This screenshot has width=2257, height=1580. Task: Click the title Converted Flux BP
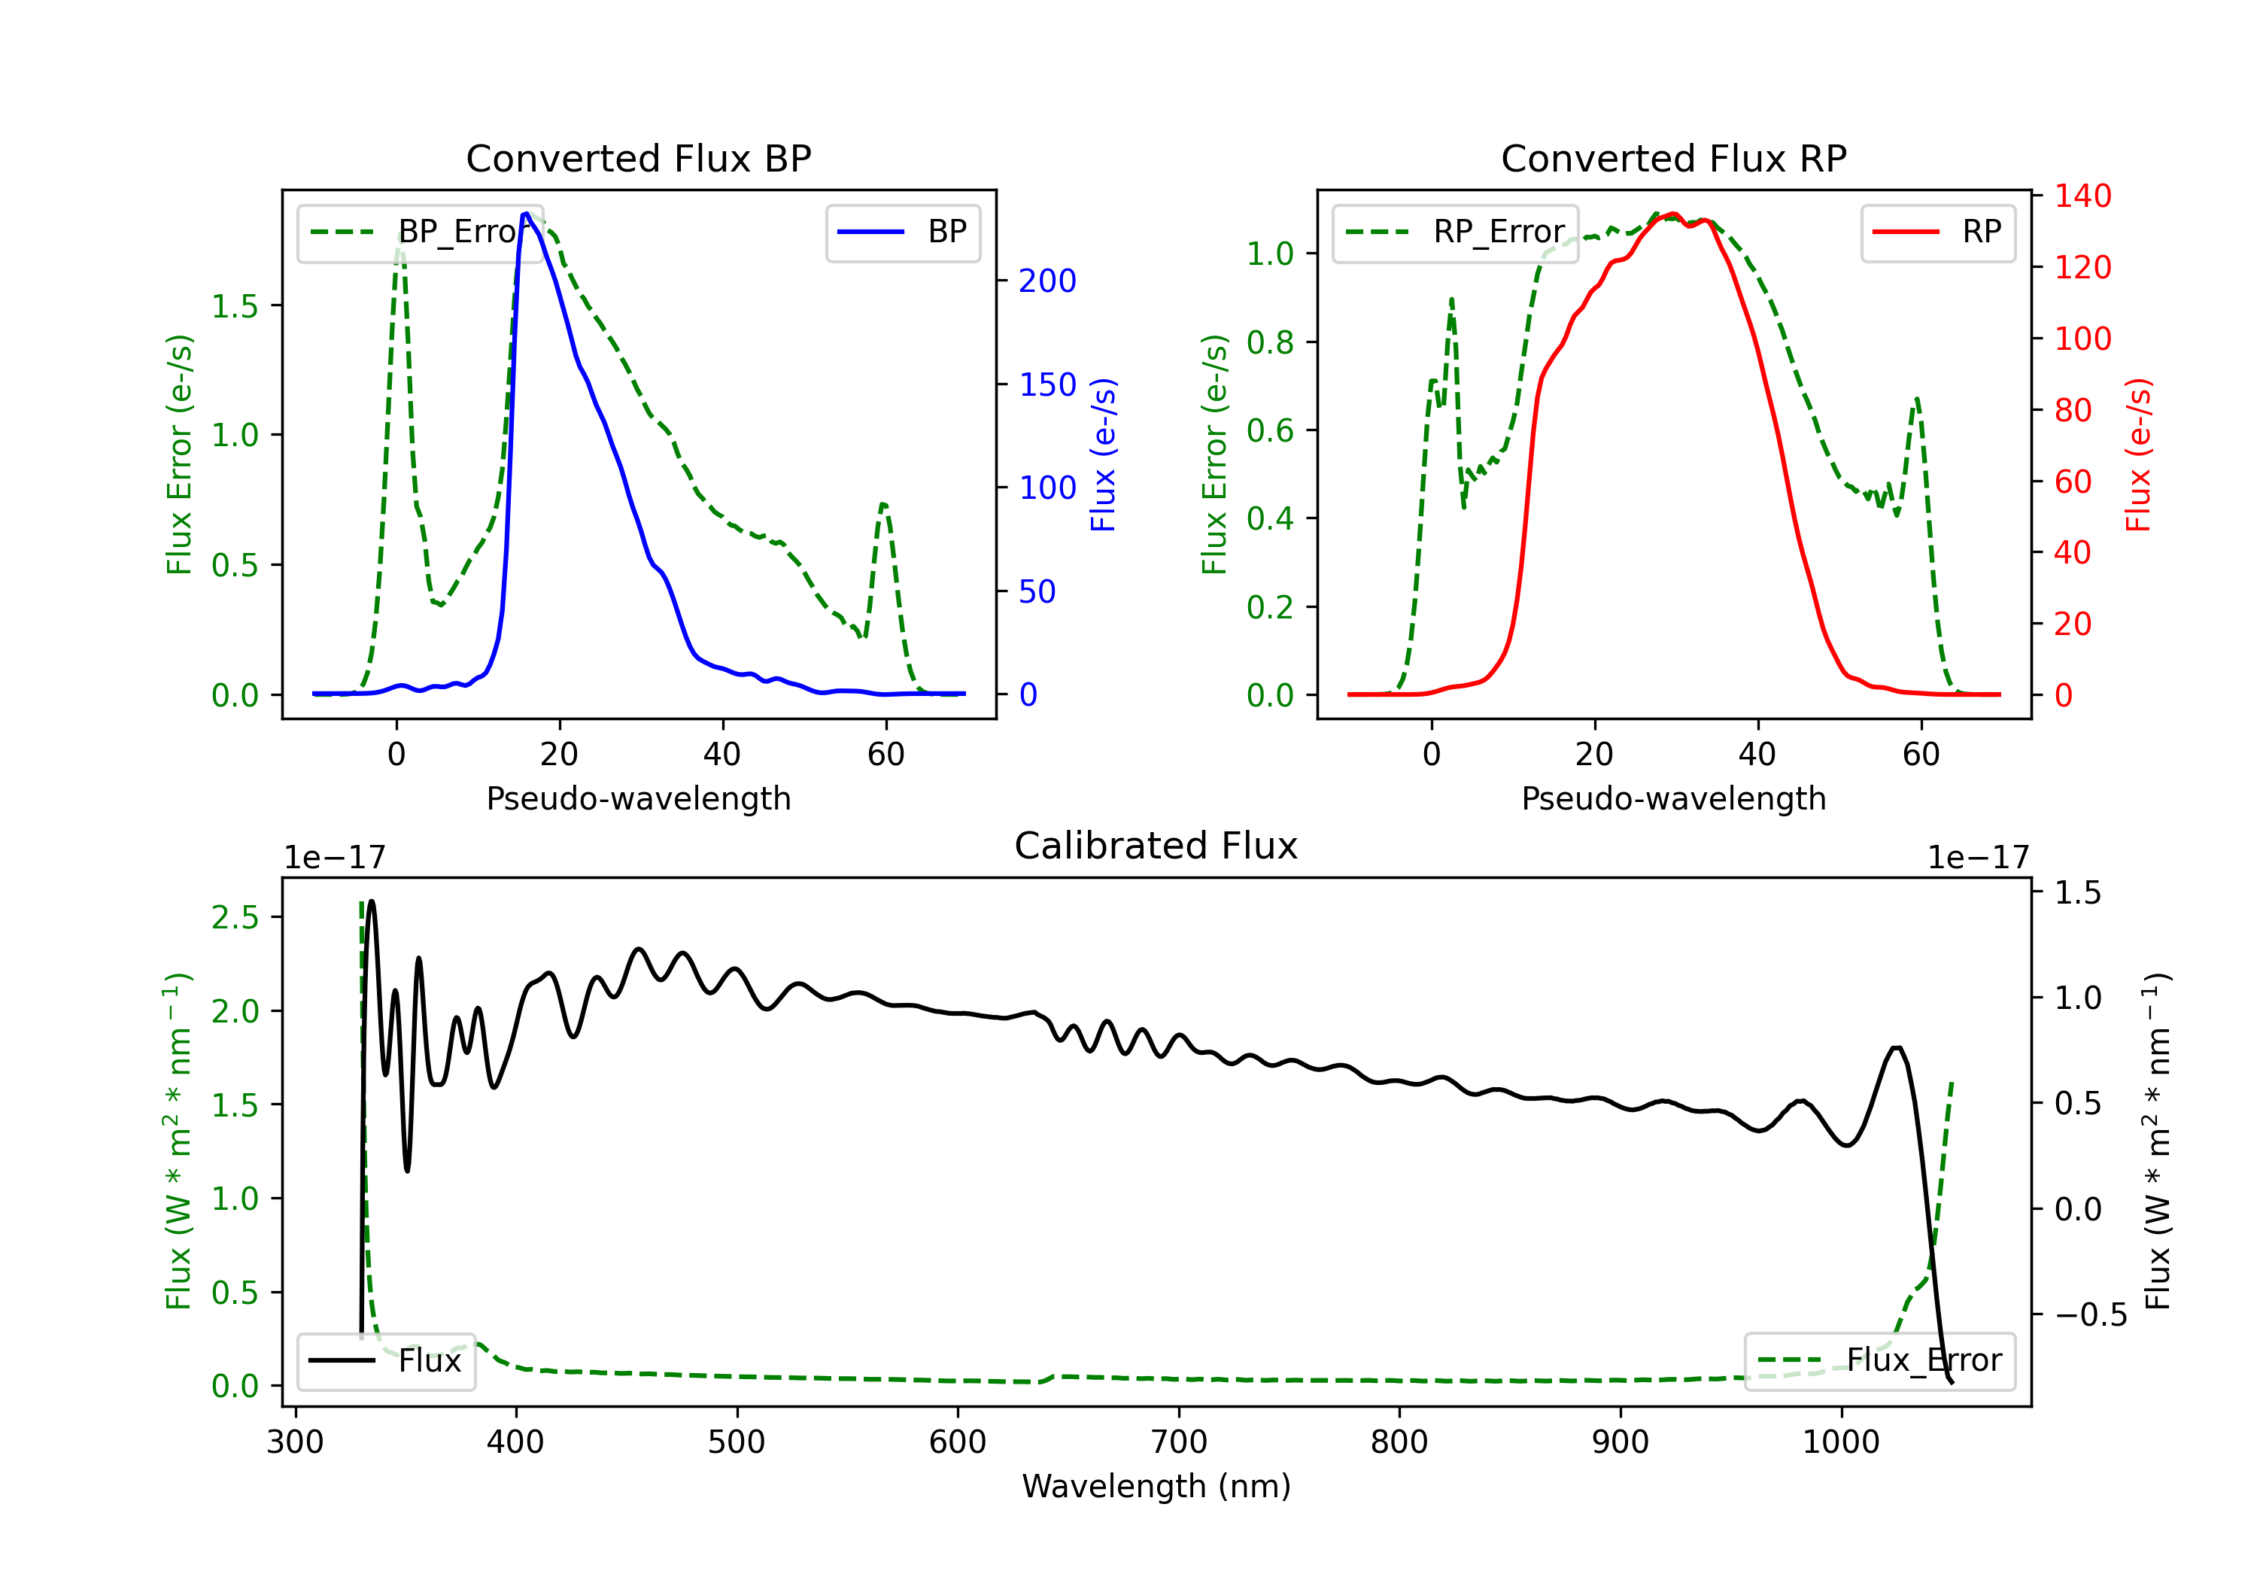pos(638,158)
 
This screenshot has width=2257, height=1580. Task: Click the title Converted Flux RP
pos(1673,158)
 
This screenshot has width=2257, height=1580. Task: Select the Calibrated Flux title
pos(1156,846)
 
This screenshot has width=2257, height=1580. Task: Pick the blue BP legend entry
pos(902,232)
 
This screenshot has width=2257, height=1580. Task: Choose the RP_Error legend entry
pos(1455,232)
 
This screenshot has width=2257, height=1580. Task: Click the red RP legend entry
pos(1937,232)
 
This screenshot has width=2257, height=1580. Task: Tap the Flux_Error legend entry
pos(1879,1361)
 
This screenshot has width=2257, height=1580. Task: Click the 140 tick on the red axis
pos(2082,196)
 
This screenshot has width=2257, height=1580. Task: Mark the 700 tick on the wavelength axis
pos(1179,1442)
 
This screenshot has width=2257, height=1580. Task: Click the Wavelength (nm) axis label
pos(1156,1486)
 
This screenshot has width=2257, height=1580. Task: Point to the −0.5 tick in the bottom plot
pos(2090,1314)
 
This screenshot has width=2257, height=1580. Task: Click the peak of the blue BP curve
pos(526,214)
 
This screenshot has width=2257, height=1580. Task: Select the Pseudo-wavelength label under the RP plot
pos(1673,798)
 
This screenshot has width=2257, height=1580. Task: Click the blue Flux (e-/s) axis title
pos(1104,454)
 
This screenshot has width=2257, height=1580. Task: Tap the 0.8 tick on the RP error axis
pos(1270,342)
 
